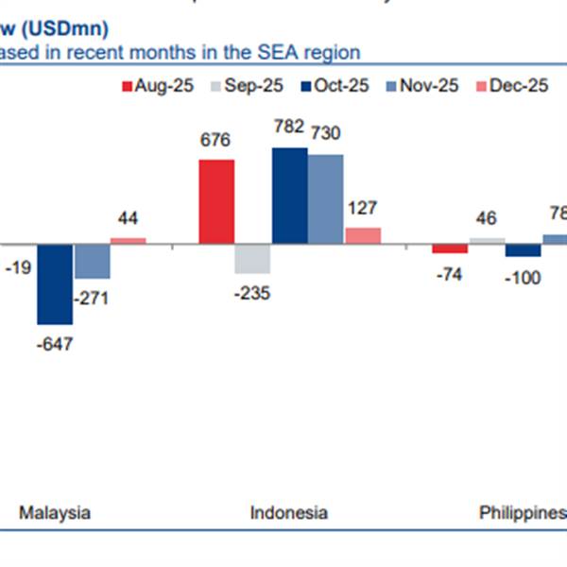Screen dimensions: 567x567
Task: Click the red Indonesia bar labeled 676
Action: coord(216,201)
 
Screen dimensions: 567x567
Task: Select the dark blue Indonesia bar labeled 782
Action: coord(289,196)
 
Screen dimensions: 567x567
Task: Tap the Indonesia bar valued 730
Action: coord(326,198)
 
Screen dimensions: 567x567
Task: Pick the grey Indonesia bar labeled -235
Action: coord(252,258)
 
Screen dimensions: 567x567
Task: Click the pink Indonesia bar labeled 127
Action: coord(363,235)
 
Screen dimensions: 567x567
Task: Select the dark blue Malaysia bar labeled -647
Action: coord(55,283)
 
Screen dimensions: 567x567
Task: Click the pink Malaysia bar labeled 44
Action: coord(129,240)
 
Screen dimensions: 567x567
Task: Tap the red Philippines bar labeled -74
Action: coord(450,249)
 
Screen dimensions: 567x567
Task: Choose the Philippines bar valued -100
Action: coord(524,250)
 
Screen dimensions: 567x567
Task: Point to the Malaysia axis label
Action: coord(55,513)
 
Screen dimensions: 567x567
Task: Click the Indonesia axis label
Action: coord(289,513)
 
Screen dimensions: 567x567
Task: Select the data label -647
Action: coord(53,343)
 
